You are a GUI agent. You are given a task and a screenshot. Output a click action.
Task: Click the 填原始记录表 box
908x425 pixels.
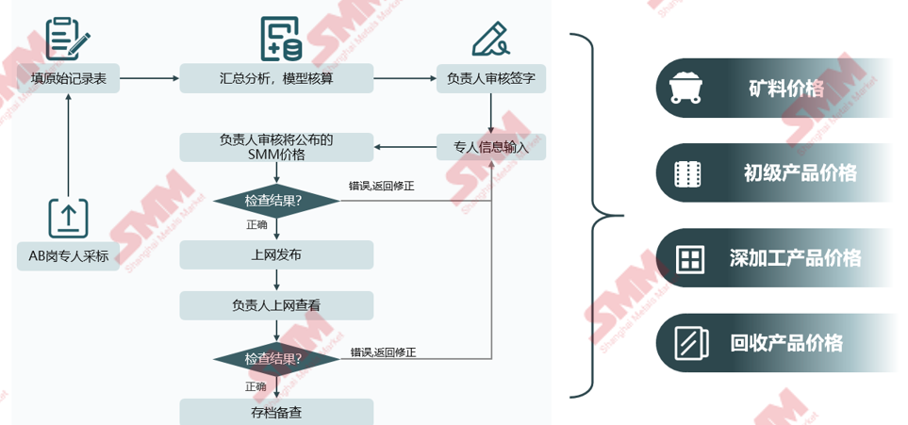pyautogui.click(x=69, y=78)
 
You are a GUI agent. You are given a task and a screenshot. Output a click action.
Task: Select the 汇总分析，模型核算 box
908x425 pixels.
pyautogui.click(x=276, y=78)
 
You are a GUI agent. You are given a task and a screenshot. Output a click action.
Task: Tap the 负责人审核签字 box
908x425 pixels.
pyautogui.click(x=490, y=78)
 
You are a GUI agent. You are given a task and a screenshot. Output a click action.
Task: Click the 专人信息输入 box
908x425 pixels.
pyautogui.click(x=490, y=147)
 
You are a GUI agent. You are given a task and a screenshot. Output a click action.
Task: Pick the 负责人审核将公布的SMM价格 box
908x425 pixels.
pyautogui.click(x=276, y=147)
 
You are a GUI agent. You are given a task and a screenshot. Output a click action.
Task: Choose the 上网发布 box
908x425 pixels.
pyautogui.click(x=276, y=254)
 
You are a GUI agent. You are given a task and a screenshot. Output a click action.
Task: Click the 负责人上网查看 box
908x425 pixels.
pyautogui.click(x=276, y=305)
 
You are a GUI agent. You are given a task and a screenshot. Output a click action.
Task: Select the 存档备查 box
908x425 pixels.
pyautogui.click(x=276, y=412)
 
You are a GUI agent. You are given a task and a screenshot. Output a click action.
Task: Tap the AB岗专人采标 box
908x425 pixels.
pyautogui.click(x=69, y=255)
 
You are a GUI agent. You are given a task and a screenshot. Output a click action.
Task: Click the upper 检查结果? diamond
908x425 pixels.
pyautogui.click(x=275, y=201)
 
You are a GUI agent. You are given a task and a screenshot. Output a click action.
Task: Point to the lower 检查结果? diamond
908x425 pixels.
pyautogui.click(x=275, y=359)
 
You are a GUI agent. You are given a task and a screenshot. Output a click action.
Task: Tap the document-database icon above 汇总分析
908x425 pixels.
pyautogui.click(x=280, y=38)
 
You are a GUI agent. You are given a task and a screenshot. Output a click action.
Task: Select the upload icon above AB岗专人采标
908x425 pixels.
pyautogui.click(x=69, y=218)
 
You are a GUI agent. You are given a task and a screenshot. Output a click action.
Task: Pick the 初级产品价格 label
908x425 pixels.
pyautogui.click(x=800, y=173)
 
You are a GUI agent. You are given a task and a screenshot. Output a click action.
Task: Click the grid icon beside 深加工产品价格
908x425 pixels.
pyautogui.click(x=689, y=258)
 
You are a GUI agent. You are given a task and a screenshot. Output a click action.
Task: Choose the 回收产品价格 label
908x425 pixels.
pyautogui.click(x=786, y=343)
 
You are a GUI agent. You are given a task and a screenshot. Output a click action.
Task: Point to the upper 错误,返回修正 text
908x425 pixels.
pyautogui.click(x=381, y=187)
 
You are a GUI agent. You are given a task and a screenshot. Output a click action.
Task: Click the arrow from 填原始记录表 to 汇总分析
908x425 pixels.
pyautogui.click(x=149, y=78)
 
